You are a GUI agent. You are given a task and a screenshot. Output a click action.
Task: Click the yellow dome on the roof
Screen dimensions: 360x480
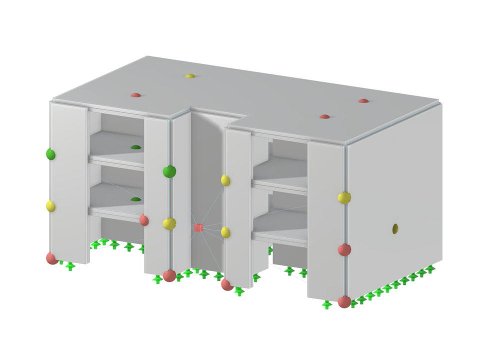(x=190, y=76)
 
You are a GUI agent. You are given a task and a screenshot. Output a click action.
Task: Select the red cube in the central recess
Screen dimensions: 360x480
(x=198, y=228)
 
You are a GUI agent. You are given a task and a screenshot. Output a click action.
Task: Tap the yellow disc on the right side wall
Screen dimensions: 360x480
(x=395, y=228)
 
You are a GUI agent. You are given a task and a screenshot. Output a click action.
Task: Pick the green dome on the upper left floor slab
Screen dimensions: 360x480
(x=135, y=147)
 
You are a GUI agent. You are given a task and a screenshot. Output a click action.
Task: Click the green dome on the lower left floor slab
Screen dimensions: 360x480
(x=135, y=199)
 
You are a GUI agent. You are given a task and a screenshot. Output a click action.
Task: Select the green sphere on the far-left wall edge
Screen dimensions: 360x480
(x=50, y=154)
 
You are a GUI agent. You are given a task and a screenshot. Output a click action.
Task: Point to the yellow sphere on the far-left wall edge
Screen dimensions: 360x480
(x=50, y=205)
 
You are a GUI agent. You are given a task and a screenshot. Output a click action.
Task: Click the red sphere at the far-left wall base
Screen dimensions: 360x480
(x=52, y=258)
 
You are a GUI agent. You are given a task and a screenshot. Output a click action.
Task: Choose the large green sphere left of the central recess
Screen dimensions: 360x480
(x=169, y=172)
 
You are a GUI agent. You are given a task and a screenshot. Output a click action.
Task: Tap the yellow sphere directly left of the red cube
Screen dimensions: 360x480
(x=169, y=223)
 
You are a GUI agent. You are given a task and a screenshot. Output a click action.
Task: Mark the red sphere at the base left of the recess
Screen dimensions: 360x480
(x=169, y=275)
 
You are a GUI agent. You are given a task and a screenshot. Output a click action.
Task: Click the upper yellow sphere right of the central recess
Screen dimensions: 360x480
(x=225, y=180)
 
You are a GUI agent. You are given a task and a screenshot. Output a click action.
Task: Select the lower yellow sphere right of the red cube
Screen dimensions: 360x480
(x=225, y=232)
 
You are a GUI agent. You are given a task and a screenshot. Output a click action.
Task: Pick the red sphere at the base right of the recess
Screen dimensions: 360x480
(x=227, y=284)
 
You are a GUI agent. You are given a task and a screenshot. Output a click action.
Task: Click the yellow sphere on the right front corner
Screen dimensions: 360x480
(x=344, y=198)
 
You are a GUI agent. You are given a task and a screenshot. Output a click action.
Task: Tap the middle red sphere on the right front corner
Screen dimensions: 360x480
(x=344, y=249)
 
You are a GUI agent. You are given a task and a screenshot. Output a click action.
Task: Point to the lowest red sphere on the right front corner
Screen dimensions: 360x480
(x=344, y=301)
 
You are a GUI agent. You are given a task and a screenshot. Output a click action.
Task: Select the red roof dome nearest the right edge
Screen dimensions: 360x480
(x=363, y=101)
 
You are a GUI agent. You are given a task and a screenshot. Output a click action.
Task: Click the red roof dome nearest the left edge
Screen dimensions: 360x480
(x=135, y=95)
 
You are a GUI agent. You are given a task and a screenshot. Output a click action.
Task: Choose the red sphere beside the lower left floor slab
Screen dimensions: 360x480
(x=144, y=220)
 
